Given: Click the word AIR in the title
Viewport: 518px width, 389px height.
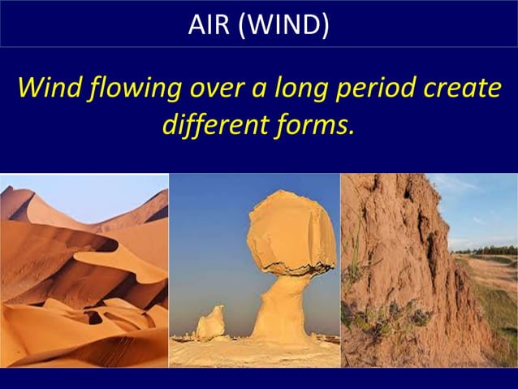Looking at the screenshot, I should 206,24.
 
